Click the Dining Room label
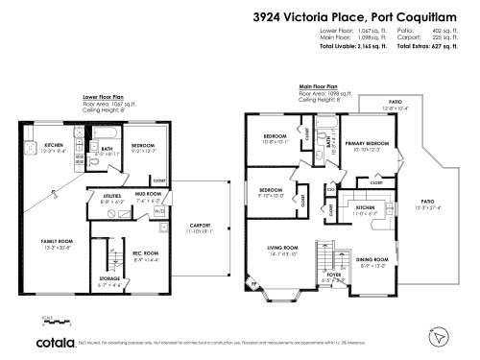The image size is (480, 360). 373,260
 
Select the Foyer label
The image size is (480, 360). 334,275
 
